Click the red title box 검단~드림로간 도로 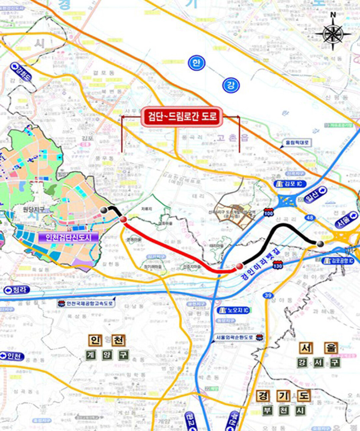181,117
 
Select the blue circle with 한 196,63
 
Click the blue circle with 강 231,85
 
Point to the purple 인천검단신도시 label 68,238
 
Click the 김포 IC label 290,184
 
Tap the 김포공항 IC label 338,261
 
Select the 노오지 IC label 234,310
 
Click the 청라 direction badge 17,290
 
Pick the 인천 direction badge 12,356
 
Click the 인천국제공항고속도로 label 86,304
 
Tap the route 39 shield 268,295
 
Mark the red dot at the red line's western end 123,219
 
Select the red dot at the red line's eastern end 239,266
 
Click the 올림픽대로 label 296,143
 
